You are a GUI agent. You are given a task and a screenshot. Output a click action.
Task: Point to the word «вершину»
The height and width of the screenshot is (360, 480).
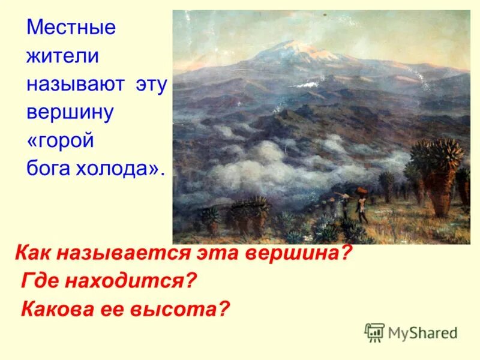tap(70, 113)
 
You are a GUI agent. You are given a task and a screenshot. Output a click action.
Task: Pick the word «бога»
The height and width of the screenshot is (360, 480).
tap(49, 169)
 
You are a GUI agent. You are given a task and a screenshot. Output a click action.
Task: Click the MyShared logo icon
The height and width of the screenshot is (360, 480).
tap(374, 332)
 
